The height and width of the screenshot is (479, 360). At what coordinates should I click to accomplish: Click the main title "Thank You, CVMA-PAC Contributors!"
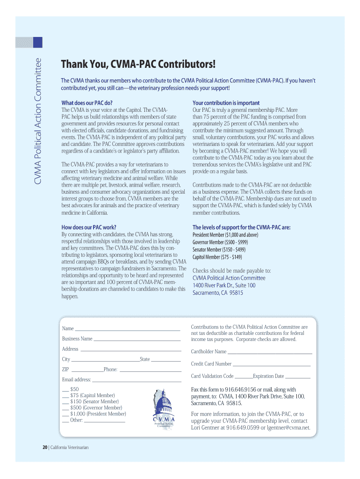pyautogui.click(x=139, y=64)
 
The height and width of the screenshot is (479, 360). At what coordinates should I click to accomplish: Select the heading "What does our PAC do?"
pyautogui.click(x=87, y=103)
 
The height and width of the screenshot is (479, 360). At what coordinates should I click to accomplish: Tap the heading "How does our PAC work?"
pyautogui.click(x=89, y=227)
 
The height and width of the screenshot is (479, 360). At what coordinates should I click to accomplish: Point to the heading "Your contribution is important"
pyautogui.click(x=226, y=103)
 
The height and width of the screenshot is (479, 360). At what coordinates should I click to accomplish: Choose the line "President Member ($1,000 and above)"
pyautogui.click(x=225, y=235)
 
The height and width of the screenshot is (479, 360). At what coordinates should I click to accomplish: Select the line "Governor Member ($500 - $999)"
pyautogui.click(x=220, y=242)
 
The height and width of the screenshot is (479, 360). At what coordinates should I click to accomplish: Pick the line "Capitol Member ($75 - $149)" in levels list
pyautogui.click(x=217, y=257)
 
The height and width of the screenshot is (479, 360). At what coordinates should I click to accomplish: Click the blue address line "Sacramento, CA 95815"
pyautogui.click(x=218, y=293)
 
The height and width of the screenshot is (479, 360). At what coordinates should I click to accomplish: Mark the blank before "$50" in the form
pyautogui.click(x=65, y=390)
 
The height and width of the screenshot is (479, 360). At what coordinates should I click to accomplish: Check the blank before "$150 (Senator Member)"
pyautogui.click(x=65, y=402)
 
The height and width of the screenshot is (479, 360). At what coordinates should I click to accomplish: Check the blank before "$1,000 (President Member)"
pyautogui.click(x=65, y=414)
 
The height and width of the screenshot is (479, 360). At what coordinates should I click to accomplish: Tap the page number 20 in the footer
pyautogui.click(x=45, y=448)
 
